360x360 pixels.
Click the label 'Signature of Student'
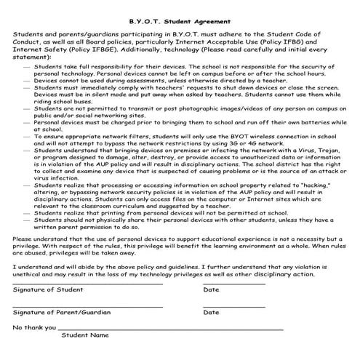pos(47,289)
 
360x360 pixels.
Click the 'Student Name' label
pos(84,335)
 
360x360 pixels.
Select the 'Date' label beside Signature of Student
pos(211,289)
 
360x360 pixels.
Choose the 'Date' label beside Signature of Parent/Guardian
pos(211,313)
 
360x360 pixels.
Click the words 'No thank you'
pos(34,327)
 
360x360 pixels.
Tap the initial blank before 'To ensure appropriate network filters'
pos(27,136)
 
